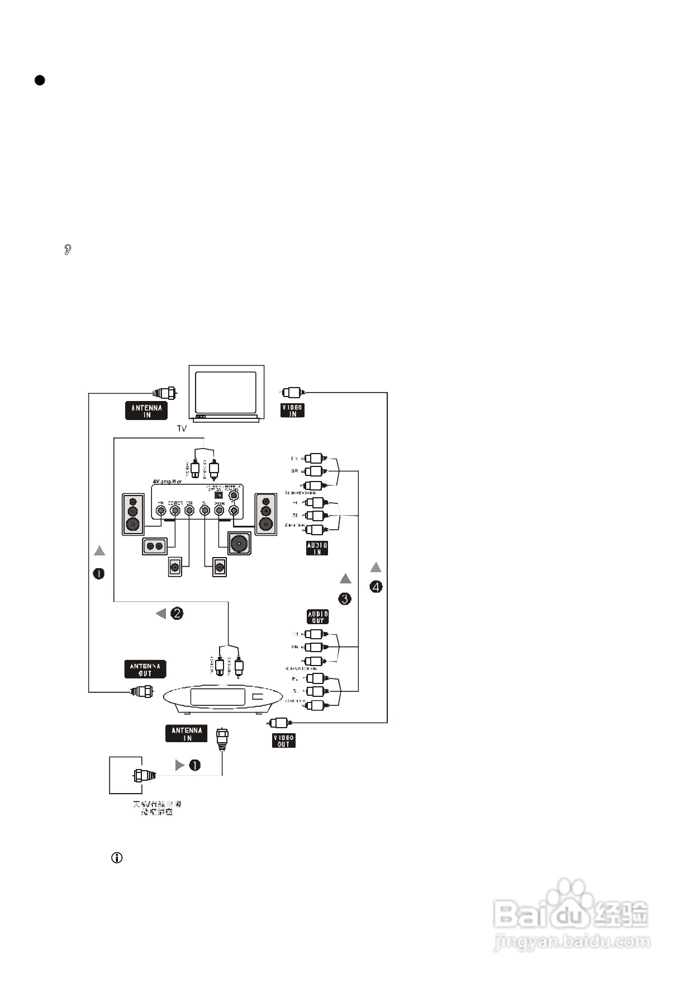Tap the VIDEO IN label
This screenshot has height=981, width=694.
point(292,411)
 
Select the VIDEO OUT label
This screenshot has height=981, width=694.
point(284,741)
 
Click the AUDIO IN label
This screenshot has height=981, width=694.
point(317,548)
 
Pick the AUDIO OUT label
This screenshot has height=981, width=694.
point(318,617)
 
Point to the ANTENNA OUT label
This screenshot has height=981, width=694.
point(145,669)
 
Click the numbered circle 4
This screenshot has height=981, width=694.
point(376,587)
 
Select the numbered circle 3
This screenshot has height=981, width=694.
point(345,598)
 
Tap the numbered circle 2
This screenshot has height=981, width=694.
point(177,614)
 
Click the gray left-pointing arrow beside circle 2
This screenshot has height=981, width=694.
point(161,614)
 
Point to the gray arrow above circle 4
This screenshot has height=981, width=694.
point(376,567)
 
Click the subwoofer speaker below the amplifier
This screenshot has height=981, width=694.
point(239,543)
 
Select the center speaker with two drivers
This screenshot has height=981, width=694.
point(155,546)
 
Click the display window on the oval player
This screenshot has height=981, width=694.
point(217,697)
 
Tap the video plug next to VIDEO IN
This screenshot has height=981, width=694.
point(293,392)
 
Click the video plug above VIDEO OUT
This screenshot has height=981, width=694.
point(278,722)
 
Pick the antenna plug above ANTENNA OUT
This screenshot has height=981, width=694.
point(142,691)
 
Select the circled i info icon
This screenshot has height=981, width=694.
point(117,857)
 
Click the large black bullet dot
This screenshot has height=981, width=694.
point(40,80)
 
